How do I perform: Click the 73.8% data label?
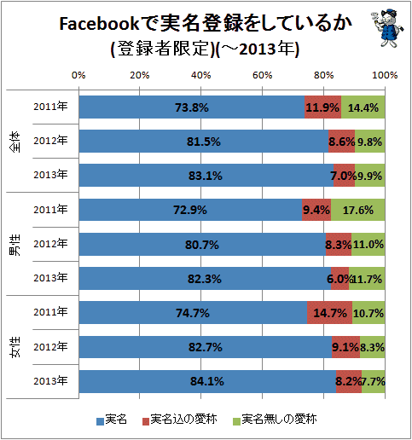tap(192, 107)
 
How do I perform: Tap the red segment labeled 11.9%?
tap(322, 107)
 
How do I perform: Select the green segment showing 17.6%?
tap(358, 210)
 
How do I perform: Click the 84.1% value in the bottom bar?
tap(207, 381)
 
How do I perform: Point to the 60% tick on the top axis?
tap(262, 75)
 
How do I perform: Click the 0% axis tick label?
tap(78, 75)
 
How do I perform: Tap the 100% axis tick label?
tap(385, 75)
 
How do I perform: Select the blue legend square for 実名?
tap(100, 421)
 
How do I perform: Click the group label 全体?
tap(15, 142)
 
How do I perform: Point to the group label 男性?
tap(15, 245)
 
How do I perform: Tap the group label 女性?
tap(15, 347)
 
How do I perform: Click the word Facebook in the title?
tap(99, 24)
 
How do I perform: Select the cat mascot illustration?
tap(387, 27)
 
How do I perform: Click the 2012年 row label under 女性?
tap(50, 347)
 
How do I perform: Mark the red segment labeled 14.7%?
tap(329, 312)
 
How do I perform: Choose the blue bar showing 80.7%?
tap(202, 244)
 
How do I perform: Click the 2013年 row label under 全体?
tap(50, 175)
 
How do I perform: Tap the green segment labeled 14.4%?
tap(363, 107)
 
